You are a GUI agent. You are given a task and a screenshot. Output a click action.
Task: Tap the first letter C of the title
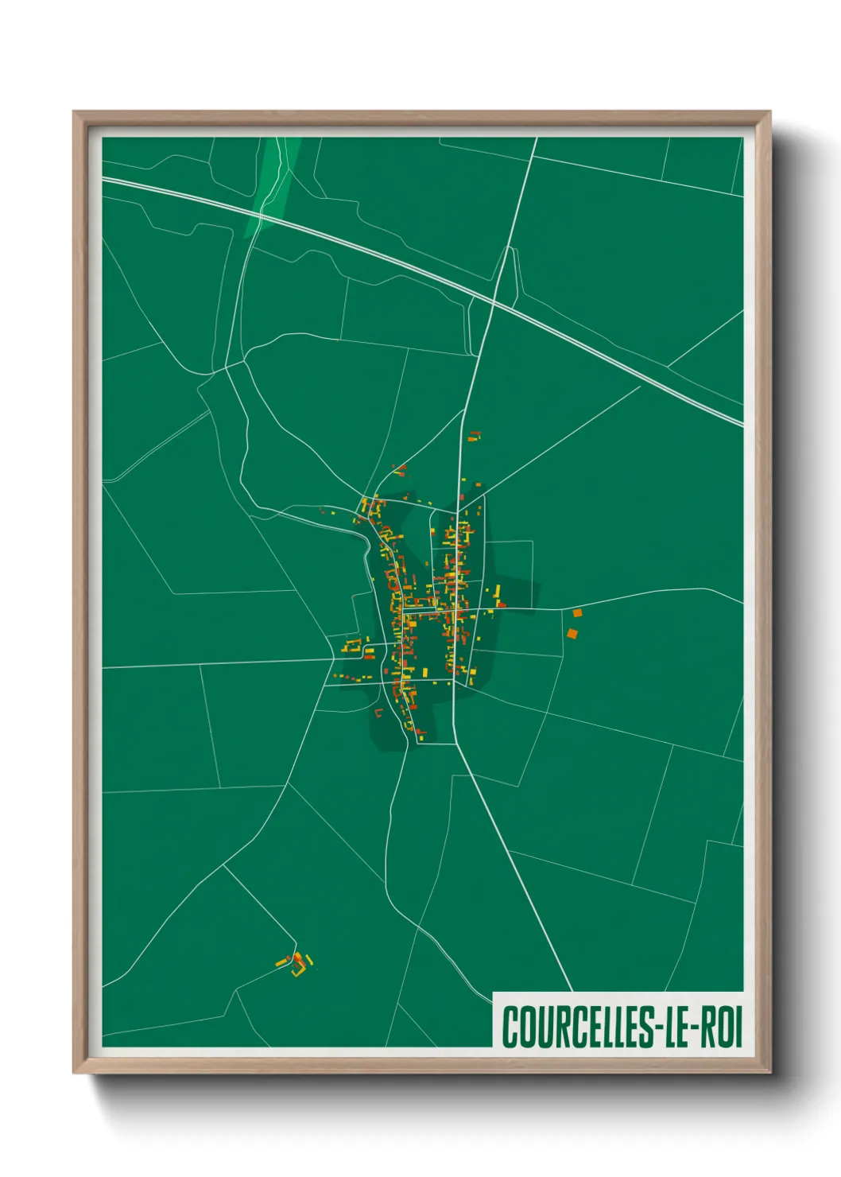[x=508, y=1027]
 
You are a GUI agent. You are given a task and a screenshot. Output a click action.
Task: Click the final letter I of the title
[x=738, y=1027]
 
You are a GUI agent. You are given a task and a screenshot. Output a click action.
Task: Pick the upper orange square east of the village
[x=578, y=612]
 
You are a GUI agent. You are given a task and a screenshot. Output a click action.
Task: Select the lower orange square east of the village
[x=572, y=634]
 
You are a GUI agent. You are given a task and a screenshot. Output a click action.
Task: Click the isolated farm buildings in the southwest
[x=296, y=964]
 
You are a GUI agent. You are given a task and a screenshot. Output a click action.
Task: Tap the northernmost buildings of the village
[x=474, y=436]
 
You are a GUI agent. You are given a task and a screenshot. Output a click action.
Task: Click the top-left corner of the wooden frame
[x=75, y=112]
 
